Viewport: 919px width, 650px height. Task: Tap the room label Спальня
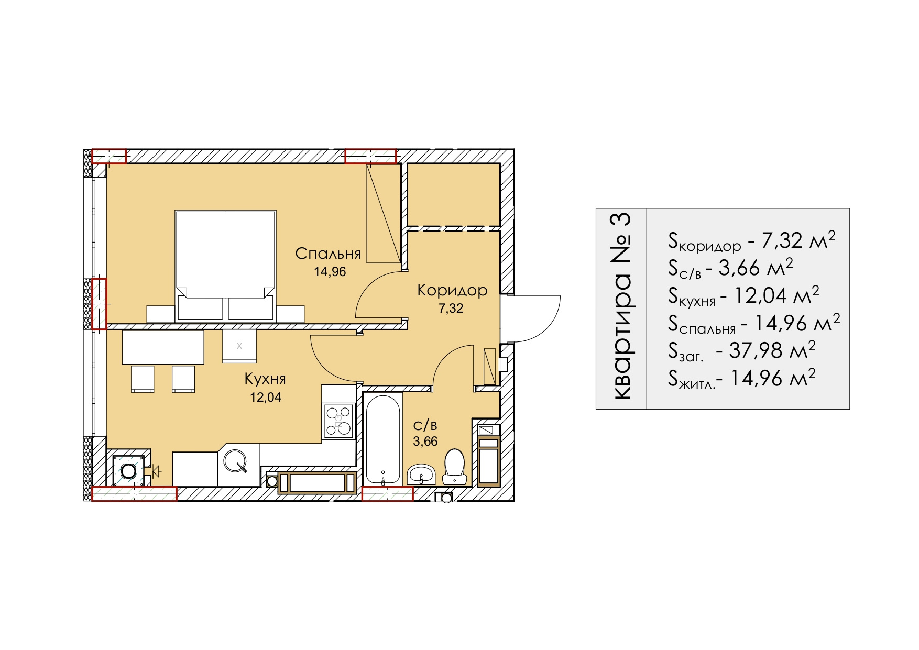pyautogui.click(x=328, y=254)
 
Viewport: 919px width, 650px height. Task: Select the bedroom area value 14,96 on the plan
pyautogui.click(x=330, y=272)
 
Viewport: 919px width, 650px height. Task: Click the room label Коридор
pyautogui.click(x=452, y=291)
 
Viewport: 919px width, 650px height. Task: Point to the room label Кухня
pyautogui.click(x=265, y=379)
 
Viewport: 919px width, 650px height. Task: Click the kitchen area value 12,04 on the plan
pyautogui.click(x=266, y=398)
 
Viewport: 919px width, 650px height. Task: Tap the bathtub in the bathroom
pyautogui.click(x=383, y=439)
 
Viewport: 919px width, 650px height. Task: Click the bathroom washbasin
pyautogui.click(x=421, y=474)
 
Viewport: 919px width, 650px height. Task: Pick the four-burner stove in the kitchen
pyautogui.click(x=338, y=421)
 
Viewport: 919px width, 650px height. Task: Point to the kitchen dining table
pyautogui.click(x=163, y=347)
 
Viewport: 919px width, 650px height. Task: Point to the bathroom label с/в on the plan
pyautogui.click(x=425, y=425)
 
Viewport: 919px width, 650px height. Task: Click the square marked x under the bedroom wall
pyautogui.click(x=239, y=346)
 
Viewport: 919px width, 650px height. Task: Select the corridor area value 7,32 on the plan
pyautogui.click(x=451, y=309)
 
